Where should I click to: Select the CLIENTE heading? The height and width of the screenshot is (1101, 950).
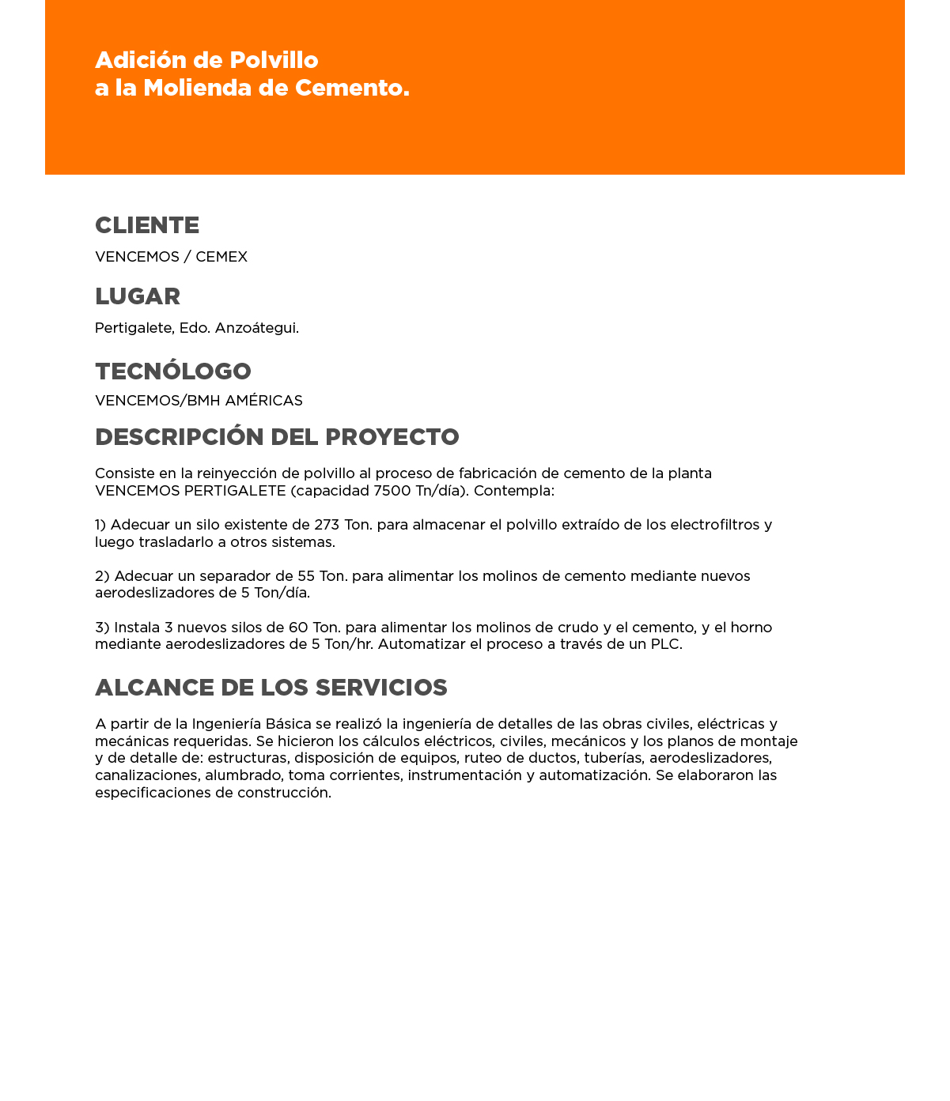[147, 225]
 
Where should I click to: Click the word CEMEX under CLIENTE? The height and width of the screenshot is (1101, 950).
[221, 257]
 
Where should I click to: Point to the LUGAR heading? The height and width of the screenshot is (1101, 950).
[138, 296]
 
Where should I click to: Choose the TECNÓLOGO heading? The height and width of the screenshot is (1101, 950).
[173, 371]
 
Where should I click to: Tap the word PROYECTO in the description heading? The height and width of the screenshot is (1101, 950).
[392, 437]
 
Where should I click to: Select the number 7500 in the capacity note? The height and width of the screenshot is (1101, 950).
[392, 491]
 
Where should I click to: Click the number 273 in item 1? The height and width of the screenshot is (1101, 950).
[327, 525]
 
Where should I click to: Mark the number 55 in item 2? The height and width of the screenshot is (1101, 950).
[306, 576]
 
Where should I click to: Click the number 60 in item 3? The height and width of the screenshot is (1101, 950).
[298, 628]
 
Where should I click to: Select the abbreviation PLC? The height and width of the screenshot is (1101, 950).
[665, 644]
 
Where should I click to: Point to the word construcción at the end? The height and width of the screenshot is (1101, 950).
[284, 793]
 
